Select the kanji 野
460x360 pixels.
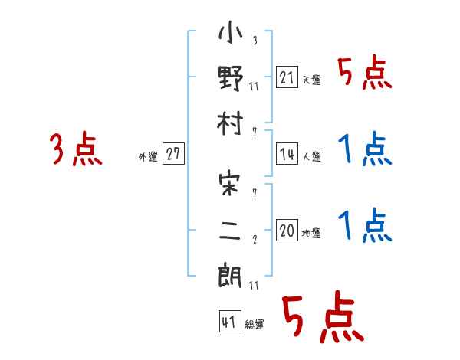(x=231, y=79)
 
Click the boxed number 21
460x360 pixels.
(x=287, y=77)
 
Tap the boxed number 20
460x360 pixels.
(x=287, y=231)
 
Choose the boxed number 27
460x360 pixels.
(x=172, y=154)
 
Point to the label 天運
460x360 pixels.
(x=311, y=80)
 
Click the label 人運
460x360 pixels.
(x=311, y=156)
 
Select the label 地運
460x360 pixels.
(x=311, y=233)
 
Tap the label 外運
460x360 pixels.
(x=148, y=156)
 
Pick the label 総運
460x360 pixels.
(x=255, y=324)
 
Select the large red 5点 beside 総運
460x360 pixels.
(x=322, y=318)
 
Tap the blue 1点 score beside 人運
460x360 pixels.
(x=365, y=149)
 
